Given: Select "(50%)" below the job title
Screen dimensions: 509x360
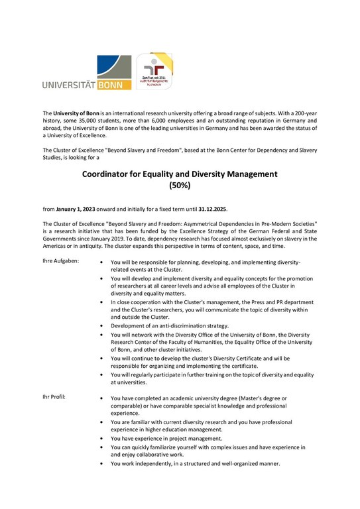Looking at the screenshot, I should pos(180,186).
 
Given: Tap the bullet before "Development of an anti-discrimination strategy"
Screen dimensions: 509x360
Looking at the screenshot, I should pos(99,326).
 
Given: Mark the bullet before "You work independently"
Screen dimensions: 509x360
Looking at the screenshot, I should pos(99,464).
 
